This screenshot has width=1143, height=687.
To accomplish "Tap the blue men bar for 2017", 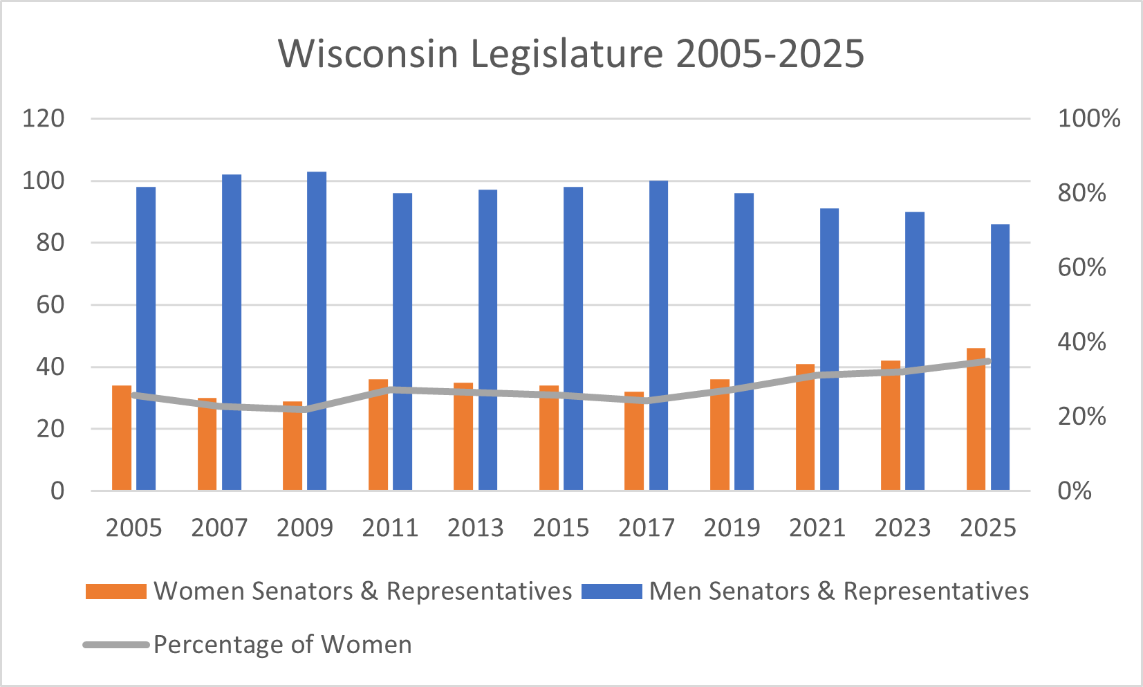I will coord(658,336).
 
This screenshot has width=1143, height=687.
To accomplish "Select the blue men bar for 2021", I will coord(829,349).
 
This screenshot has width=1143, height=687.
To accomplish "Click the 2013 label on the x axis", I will coord(475,528).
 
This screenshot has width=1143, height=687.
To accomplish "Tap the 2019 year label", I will coord(732,528).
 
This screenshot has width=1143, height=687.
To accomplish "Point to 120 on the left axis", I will coord(43,118).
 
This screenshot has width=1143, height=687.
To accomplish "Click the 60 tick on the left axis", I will coord(50,304).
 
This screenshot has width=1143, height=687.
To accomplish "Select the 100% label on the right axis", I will coord(1088,118).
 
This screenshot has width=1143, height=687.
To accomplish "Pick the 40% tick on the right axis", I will coord(1081,342).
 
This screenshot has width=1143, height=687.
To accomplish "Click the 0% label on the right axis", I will coord(1075,491).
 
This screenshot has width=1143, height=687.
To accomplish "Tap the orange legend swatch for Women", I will coord(115,592).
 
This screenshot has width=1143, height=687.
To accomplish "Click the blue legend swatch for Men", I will coord(611,592).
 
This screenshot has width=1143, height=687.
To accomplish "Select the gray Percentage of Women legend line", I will coord(115,645).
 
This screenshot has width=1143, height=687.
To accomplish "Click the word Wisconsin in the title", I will coord(368,53).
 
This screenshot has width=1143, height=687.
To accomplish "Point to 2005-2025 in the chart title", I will coord(770,53).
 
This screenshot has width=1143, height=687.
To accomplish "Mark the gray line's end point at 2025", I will coord(988,361).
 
